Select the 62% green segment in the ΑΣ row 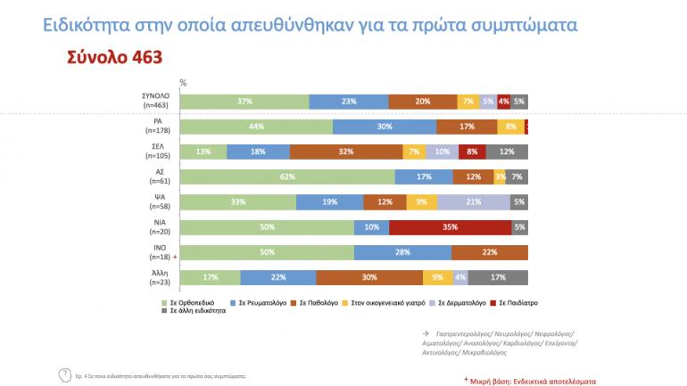[x=287, y=177]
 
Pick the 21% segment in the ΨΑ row [x=473, y=202]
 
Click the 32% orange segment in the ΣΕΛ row [x=346, y=152]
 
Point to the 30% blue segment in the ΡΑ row [x=385, y=127]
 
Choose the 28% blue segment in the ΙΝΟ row [x=402, y=252]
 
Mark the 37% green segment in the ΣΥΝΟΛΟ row [x=244, y=102]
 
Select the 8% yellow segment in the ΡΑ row [x=509, y=127]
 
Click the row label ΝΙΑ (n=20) [x=159, y=227]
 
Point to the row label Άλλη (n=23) [x=159, y=277]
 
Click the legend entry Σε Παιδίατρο [x=518, y=302]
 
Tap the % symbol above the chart [x=183, y=82]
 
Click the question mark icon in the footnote [x=64, y=374]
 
